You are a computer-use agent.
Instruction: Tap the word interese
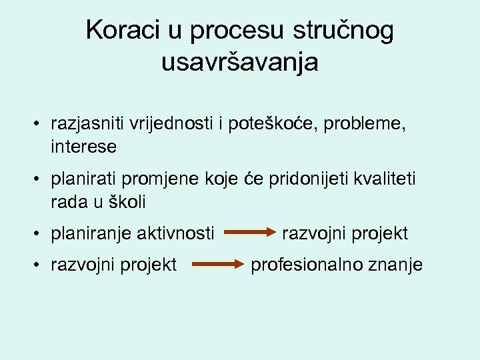click(x=83, y=147)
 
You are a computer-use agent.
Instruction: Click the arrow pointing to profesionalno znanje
click(x=219, y=265)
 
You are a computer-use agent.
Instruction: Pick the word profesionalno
click(x=306, y=265)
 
